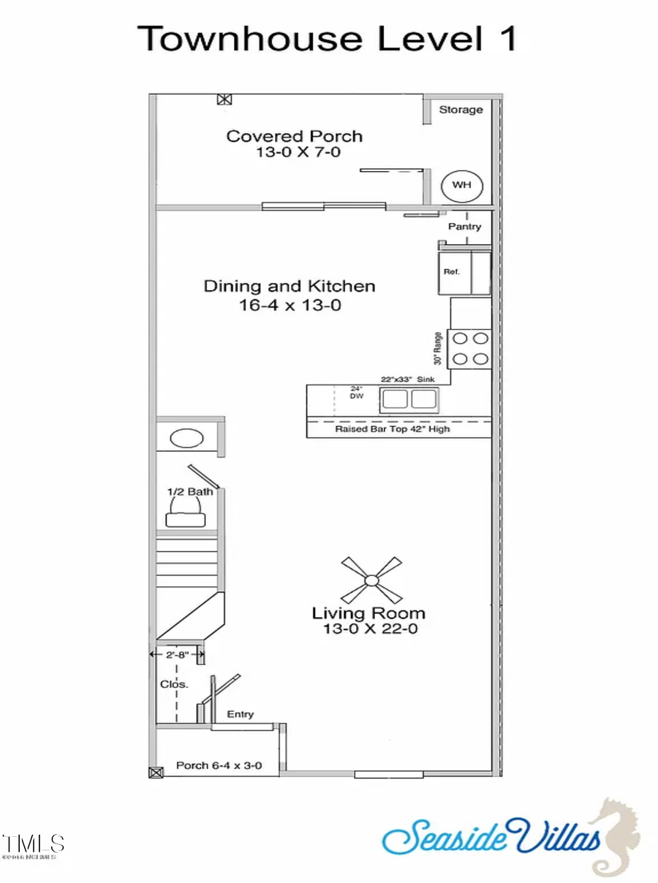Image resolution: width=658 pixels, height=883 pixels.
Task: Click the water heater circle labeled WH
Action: (x=462, y=184)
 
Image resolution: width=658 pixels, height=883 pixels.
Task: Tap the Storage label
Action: (x=461, y=110)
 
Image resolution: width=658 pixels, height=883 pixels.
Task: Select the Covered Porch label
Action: (x=294, y=136)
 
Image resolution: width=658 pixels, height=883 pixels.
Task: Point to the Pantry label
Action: (x=465, y=227)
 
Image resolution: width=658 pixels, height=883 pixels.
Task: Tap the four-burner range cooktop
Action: (x=469, y=349)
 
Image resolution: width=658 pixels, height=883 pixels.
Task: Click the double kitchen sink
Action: (x=409, y=399)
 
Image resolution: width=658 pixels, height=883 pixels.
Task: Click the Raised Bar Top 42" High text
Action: (x=393, y=428)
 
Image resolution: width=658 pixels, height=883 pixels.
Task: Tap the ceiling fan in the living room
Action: (x=371, y=580)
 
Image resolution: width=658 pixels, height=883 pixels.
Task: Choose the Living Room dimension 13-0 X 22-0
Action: (x=368, y=629)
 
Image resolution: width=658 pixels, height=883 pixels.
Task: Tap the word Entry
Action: (x=241, y=713)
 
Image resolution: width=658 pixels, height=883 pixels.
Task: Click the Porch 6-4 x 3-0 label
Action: (x=219, y=766)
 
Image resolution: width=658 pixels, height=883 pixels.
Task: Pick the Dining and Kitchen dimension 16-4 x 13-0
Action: (x=290, y=306)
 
